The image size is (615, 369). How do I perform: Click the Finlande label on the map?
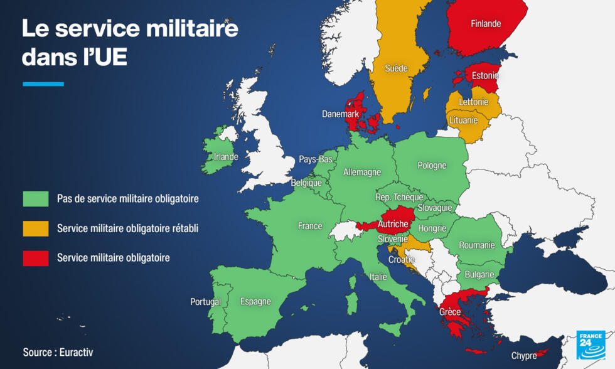(486, 24)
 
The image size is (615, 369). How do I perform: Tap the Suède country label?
(396, 68)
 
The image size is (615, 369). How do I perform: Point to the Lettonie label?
(473, 102)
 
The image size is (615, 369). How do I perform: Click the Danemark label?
(340, 114)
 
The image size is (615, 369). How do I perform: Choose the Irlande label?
(226, 157)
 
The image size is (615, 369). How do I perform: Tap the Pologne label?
(432, 166)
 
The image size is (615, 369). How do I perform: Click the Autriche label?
(393, 224)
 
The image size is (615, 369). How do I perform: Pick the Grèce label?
(450, 312)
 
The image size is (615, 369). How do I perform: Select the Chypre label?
(524, 356)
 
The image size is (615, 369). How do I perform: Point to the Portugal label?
(205, 302)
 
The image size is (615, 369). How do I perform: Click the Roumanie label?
(477, 245)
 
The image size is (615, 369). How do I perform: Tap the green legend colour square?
(36, 199)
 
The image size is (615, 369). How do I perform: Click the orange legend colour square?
(36, 228)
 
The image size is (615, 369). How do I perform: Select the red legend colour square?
(36, 258)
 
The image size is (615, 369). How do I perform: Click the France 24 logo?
(591, 345)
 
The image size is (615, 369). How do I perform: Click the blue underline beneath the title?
(43, 83)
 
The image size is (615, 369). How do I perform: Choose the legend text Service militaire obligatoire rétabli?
(127, 228)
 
